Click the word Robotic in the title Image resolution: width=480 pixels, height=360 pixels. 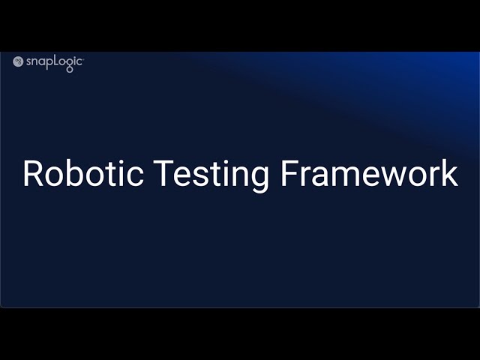pos(83,173)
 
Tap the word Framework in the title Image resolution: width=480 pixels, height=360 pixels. pos(369,173)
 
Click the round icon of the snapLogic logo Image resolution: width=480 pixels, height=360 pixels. pos(18,61)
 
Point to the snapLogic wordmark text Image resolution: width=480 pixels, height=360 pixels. pos(54,62)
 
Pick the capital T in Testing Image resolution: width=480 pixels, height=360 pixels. pos(163,173)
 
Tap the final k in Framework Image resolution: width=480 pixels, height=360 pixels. pos(449,173)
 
